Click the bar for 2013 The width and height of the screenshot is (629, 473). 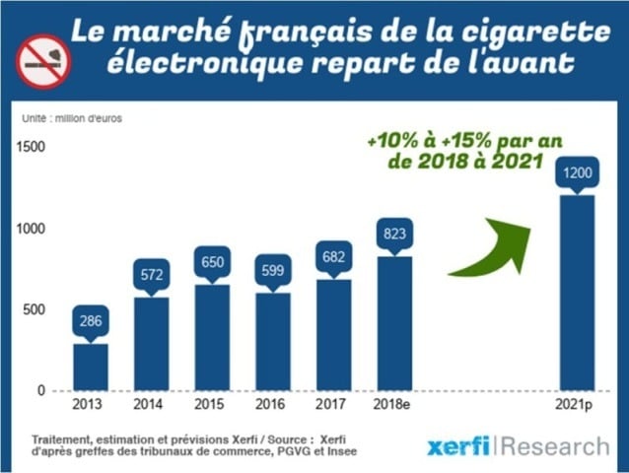(x=91, y=367)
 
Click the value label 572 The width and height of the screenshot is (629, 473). (x=151, y=273)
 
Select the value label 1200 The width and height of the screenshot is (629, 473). (x=577, y=172)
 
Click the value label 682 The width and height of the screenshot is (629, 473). (x=334, y=256)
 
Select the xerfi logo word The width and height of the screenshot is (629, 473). (x=459, y=446)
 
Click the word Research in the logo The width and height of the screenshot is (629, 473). (x=554, y=446)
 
